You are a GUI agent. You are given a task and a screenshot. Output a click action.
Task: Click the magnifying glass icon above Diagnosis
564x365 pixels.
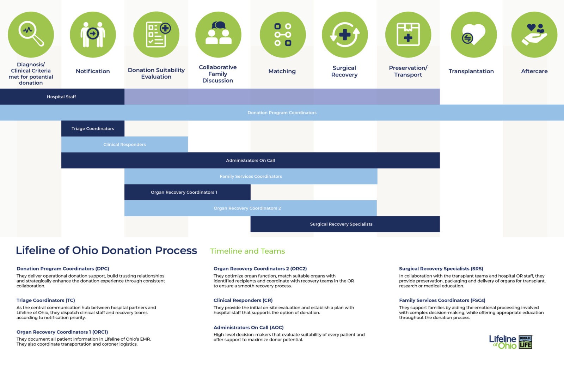pyautogui.click(x=31, y=35)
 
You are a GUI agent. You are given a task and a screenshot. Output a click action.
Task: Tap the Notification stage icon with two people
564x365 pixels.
pyautogui.click(x=93, y=35)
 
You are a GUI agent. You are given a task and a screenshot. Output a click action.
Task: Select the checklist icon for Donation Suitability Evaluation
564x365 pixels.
pyautogui.click(x=156, y=35)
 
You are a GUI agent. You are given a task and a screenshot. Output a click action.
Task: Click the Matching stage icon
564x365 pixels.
pyautogui.click(x=282, y=35)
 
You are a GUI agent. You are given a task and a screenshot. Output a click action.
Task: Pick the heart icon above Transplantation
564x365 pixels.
pyautogui.click(x=473, y=35)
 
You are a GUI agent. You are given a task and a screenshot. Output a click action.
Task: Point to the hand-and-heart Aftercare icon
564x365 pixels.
pyautogui.click(x=534, y=35)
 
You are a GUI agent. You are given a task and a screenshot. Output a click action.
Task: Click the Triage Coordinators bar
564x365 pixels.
pyautogui.click(x=93, y=129)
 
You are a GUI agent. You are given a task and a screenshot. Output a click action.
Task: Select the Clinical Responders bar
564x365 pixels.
pyautogui.click(x=124, y=145)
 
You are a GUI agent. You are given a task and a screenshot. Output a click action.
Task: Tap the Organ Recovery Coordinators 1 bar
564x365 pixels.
pyautogui.click(x=187, y=192)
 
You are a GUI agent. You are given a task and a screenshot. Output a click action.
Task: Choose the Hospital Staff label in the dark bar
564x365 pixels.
pyautogui.click(x=61, y=97)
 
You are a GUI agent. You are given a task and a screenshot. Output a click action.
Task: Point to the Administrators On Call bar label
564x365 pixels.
pyautogui.click(x=250, y=160)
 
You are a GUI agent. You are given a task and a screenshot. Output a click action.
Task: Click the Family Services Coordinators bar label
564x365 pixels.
pyautogui.click(x=251, y=176)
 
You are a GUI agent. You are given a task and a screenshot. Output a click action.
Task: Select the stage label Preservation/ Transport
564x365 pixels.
pyautogui.click(x=408, y=71)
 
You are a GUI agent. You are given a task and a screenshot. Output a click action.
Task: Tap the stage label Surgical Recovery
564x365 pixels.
pyautogui.click(x=344, y=71)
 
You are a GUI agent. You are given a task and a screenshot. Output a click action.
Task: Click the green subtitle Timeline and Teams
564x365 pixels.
pyautogui.click(x=247, y=251)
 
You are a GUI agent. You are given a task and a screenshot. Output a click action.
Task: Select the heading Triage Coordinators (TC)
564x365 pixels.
pyautogui.click(x=46, y=300)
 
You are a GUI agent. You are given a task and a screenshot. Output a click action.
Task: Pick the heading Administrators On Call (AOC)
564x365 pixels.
pyautogui.click(x=249, y=328)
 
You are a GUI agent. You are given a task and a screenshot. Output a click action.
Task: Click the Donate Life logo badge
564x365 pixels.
pyautogui.click(x=525, y=342)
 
